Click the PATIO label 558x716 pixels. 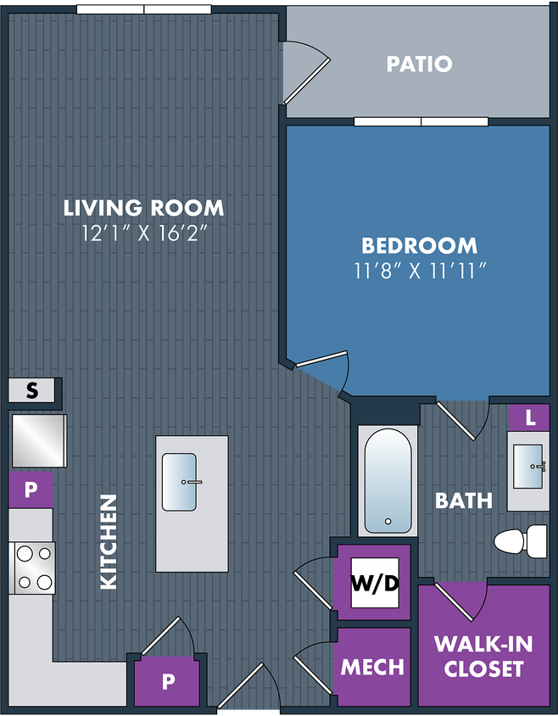pyautogui.click(x=419, y=64)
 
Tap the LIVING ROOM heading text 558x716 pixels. pyautogui.click(x=143, y=208)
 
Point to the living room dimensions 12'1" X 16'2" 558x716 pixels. pyautogui.click(x=144, y=233)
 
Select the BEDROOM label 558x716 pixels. pyautogui.click(x=419, y=246)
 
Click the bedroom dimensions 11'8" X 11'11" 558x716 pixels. pyautogui.click(x=419, y=271)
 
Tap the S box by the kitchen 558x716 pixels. pyautogui.click(x=31, y=390)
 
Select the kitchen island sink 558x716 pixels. pyautogui.click(x=180, y=482)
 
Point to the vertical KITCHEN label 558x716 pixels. pyautogui.click(x=109, y=542)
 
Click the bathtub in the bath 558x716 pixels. pyautogui.click(x=388, y=481)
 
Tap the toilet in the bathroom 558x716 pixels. pyautogui.click(x=521, y=541)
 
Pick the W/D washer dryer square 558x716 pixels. pyautogui.click(x=375, y=583)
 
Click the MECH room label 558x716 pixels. pyautogui.click(x=372, y=667)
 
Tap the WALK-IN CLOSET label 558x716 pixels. pyautogui.click(x=483, y=656)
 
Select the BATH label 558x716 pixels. pyautogui.click(x=464, y=501)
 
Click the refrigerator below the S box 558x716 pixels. pyautogui.click(x=39, y=440)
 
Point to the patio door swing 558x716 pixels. pyautogui.click(x=306, y=72)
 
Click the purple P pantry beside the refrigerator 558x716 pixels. pyautogui.click(x=31, y=489)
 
